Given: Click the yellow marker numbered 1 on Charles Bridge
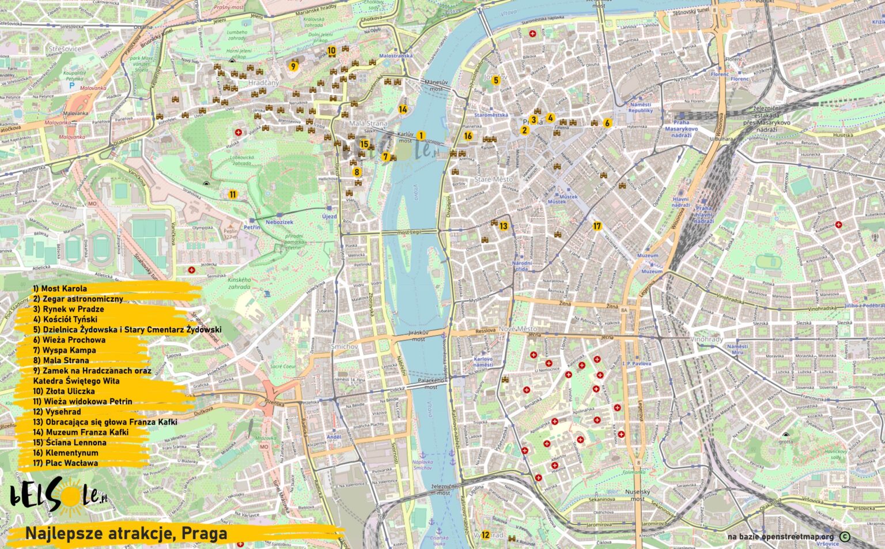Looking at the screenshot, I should click(x=421, y=136).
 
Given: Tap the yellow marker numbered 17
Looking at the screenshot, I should click(x=597, y=226).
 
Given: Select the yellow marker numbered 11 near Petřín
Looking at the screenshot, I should click(x=233, y=194).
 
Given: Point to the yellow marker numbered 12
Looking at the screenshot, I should click(x=485, y=535).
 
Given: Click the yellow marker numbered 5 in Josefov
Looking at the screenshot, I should click(x=496, y=81).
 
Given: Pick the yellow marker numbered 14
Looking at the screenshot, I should click(x=403, y=109).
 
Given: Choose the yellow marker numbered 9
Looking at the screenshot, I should click(x=293, y=66).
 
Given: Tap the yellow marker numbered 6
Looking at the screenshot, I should click(x=607, y=123).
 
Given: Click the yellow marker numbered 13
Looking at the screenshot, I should click(x=504, y=226).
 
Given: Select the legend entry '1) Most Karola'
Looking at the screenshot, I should click(x=60, y=288).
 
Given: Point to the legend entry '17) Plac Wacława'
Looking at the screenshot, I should click(x=65, y=462).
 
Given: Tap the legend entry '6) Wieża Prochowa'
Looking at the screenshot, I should click(x=69, y=340).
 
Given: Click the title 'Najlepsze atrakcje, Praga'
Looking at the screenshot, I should click(x=126, y=534).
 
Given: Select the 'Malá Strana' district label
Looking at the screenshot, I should click(x=368, y=123).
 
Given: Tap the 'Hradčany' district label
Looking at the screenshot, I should click(x=263, y=83).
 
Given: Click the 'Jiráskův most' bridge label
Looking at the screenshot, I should click(x=418, y=336).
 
